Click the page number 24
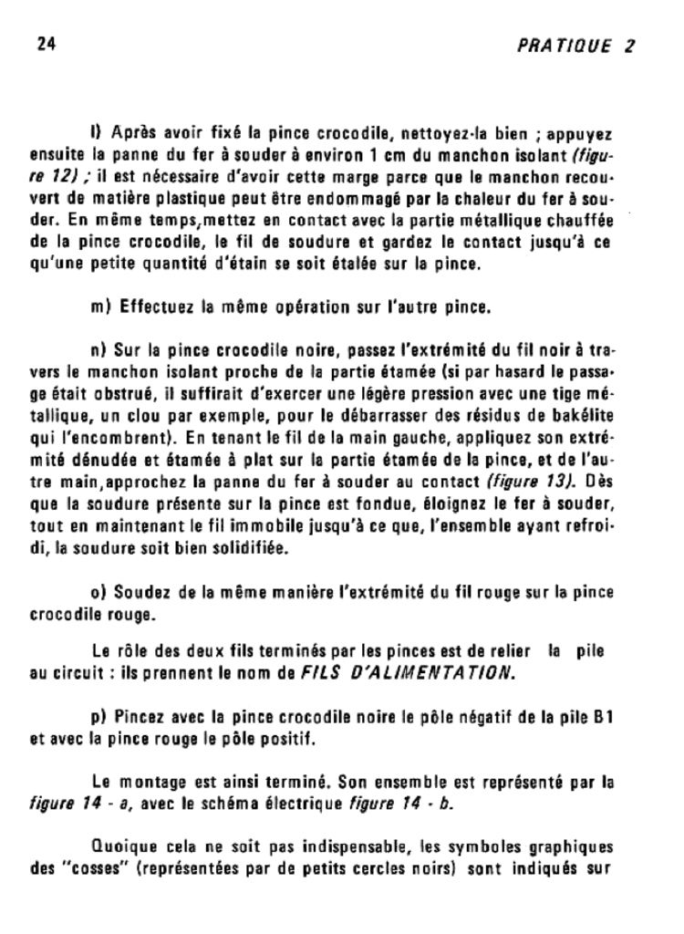click(x=45, y=45)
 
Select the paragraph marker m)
click(x=101, y=307)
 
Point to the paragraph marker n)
click(x=99, y=350)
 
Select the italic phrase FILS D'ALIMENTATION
click(x=409, y=674)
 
